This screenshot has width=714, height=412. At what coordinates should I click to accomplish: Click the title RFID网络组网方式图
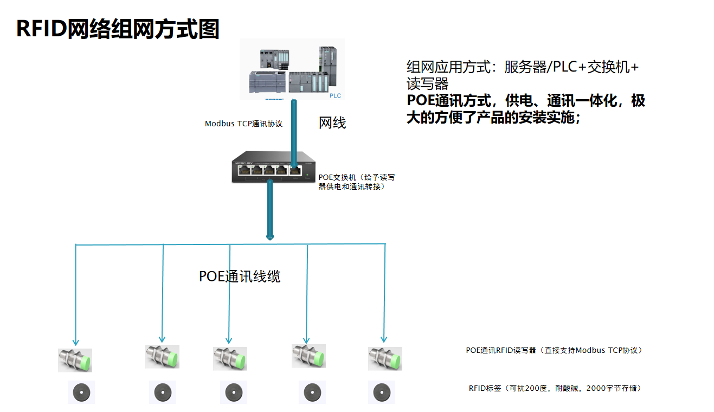coord(118,29)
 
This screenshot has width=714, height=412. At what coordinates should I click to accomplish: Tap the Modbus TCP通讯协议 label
coord(243,124)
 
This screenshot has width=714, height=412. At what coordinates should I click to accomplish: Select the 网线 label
coord(332,124)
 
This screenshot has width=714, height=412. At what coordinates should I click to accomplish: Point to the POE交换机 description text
coord(356,182)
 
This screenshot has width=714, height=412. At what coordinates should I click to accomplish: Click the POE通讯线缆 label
coord(239,276)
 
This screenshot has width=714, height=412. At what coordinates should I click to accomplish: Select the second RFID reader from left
coord(162,356)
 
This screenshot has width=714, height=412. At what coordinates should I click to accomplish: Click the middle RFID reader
coord(230,358)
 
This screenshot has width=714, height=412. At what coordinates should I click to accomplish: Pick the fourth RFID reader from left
coord(308,356)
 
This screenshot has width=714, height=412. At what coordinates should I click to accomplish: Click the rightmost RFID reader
coord(385,358)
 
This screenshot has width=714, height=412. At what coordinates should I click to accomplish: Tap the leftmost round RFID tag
coord(81,392)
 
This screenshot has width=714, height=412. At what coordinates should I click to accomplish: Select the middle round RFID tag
coord(234,392)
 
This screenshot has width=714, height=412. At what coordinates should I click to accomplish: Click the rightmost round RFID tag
coord(382,392)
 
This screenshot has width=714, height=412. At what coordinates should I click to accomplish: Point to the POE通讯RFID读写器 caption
coord(554,350)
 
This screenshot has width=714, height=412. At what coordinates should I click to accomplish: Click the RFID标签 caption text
coord(555,388)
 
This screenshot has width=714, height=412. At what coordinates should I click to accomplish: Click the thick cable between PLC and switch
coord(293,130)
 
